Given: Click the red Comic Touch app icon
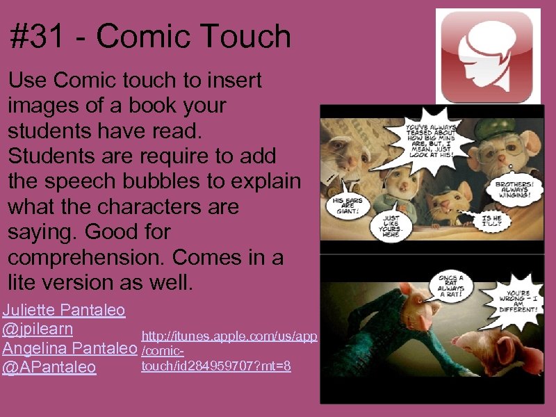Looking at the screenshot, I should click(x=487, y=56).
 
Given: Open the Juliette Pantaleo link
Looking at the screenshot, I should click(x=63, y=309).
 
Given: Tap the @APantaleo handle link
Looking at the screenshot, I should click(x=49, y=366).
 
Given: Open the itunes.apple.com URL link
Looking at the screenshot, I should click(x=229, y=337).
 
